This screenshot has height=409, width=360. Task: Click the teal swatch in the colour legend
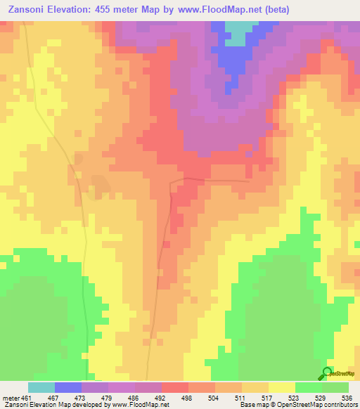41,387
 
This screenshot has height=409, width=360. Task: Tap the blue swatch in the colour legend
68,387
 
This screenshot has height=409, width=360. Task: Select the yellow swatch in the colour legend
281,387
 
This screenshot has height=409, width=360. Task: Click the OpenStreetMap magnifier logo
326,372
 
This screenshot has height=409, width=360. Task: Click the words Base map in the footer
252,404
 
